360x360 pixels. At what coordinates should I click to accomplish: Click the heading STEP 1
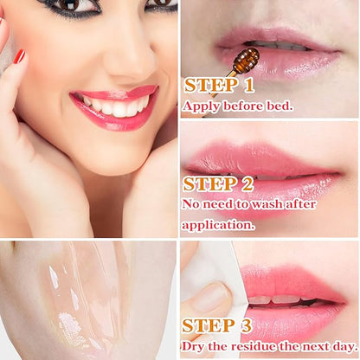220,87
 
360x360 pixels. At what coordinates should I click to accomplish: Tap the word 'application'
218,223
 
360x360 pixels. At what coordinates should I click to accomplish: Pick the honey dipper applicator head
247,60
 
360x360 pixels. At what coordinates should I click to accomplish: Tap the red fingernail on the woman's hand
20,56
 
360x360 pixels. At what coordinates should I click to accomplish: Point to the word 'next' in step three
310,346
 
